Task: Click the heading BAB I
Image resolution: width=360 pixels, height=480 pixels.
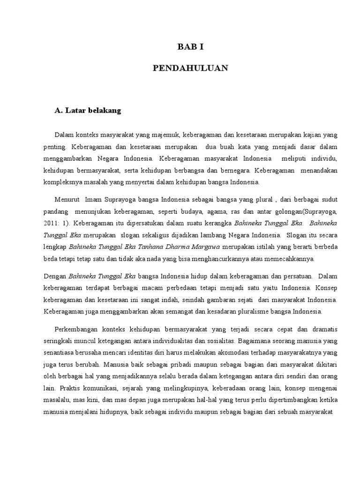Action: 190,46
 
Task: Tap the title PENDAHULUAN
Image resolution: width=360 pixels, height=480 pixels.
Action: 190,68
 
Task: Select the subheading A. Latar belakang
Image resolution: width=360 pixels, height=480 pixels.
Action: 88,111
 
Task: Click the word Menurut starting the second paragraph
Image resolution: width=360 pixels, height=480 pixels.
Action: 67,199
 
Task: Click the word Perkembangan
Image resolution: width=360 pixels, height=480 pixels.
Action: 77,329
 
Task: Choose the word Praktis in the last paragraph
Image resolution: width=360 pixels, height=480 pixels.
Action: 70,388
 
